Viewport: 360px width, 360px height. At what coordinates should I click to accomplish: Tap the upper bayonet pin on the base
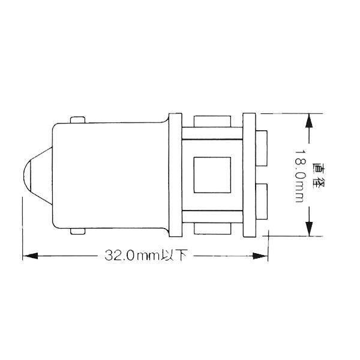[79, 119]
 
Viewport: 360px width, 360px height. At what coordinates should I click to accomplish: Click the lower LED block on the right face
[262, 203]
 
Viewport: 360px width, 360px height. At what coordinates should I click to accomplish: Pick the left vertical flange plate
[175, 175]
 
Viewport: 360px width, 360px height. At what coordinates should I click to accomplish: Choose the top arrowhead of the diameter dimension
[308, 121]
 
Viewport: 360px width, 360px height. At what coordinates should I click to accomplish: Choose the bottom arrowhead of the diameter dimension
[308, 229]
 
